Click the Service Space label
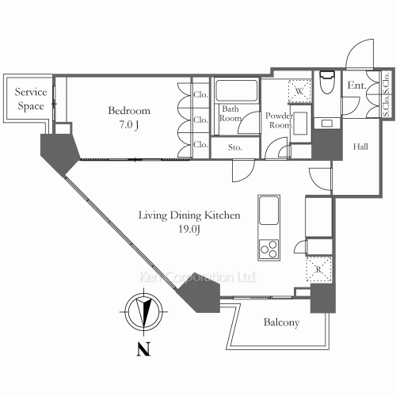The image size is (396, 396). pos(32,99)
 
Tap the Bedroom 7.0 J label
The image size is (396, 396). pos(129,117)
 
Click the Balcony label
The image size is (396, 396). pos(280,323)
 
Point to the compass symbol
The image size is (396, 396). pos(143,310)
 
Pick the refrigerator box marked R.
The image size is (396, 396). pos(319,270)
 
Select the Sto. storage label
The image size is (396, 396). pos(235,147)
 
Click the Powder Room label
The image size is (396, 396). pos(279,119)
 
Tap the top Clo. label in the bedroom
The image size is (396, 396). pos(200,97)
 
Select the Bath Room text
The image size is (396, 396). pos(231,114)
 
